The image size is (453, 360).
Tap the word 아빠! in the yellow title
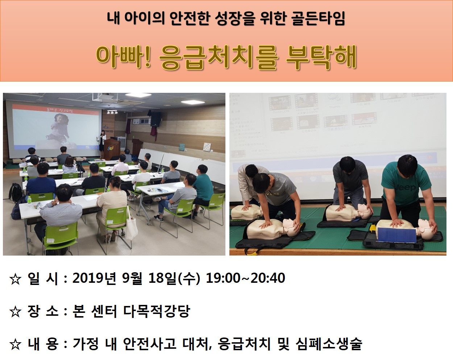123,57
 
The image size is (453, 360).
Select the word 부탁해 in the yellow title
321,57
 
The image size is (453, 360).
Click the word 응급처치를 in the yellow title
219,57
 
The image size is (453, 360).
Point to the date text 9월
132,278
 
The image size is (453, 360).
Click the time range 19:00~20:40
245,278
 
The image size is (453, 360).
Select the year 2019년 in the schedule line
94,278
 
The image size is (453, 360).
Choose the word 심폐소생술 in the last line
329,344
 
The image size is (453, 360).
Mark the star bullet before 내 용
15,344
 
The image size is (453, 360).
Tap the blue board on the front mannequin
397,235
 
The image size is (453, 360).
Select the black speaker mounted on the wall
156,119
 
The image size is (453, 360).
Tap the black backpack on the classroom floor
16,193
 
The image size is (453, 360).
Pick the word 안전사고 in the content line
149,344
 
